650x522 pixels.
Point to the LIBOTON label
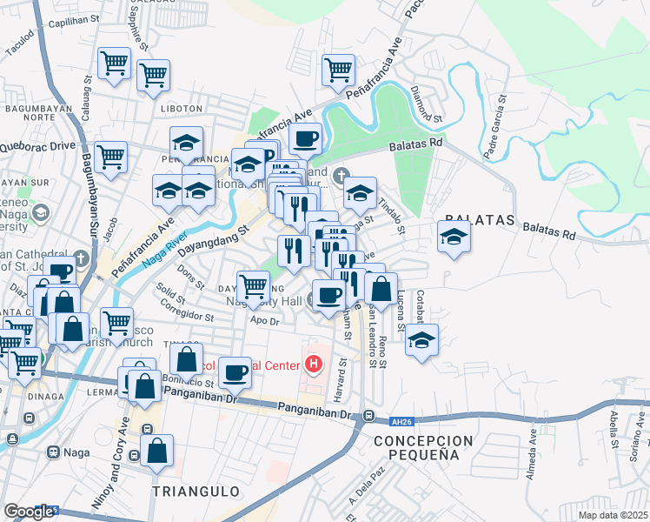pyautogui.click(x=181, y=109)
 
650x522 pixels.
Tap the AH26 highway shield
pyautogui.click(x=400, y=421)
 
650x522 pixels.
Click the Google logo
pyautogui.click(x=28, y=512)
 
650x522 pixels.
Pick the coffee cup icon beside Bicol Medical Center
pyautogui.click(x=235, y=372)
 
